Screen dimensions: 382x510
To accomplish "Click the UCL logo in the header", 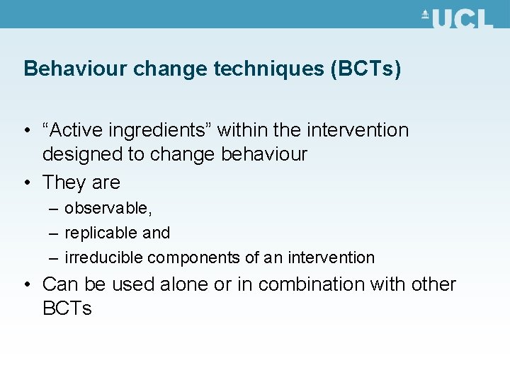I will point(457,18).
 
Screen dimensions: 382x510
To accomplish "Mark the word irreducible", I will point(103,257).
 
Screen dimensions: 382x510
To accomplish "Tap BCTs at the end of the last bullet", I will point(67,309).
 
